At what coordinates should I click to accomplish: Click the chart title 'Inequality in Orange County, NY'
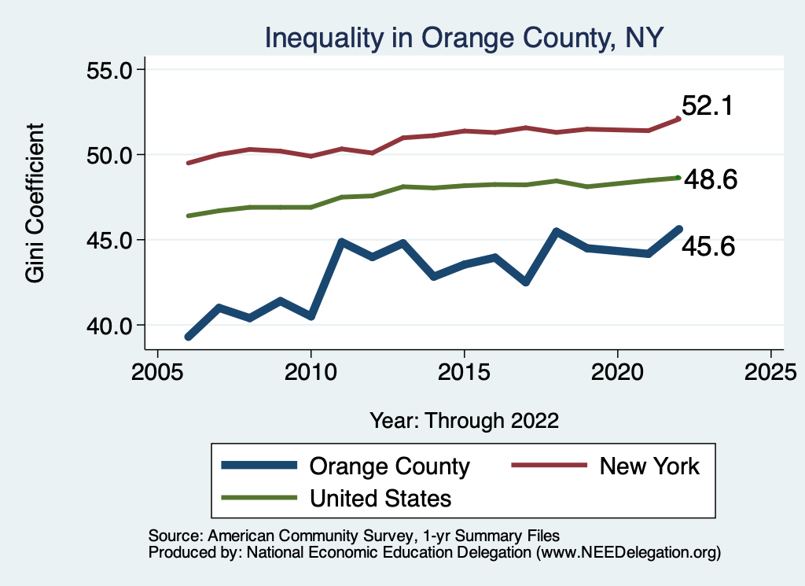tap(465, 36)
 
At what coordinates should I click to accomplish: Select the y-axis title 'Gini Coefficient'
tap(35, 203)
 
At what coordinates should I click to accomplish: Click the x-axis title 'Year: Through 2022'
tap(464, 420)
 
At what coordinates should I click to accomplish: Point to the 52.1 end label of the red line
tap(708, 106)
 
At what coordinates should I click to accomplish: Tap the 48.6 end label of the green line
tap(710, 180)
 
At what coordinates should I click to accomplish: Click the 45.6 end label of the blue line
tap(708, 248)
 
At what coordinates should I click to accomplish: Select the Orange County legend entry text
tap(389, 466)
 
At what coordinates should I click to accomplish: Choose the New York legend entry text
tap(649, 466)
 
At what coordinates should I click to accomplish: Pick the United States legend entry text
tap(380, 498)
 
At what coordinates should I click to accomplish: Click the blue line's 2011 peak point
tap(342, 241)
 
